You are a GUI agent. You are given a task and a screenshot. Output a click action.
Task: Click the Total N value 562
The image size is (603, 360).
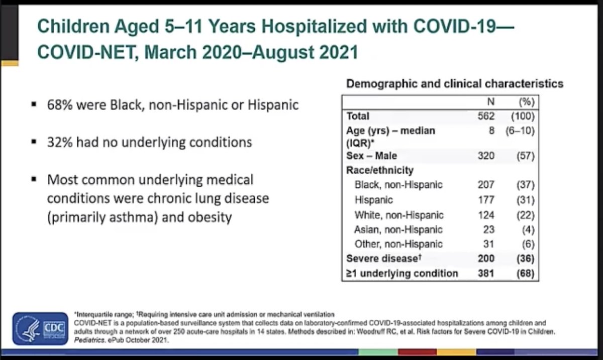coord(486,116)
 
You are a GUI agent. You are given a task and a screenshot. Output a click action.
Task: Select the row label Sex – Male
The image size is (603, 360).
coord(371,156)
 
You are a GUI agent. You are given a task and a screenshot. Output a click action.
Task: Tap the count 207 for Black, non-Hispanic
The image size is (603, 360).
coord(486,185)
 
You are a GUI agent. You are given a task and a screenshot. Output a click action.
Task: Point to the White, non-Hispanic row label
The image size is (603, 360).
coord(399,215)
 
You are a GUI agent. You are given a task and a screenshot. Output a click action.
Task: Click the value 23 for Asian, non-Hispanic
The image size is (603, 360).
coord(488,229)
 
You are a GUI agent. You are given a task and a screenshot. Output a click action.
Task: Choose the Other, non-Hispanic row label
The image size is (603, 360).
coord(398,244)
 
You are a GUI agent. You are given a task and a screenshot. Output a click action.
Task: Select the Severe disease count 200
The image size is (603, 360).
coord(486,259)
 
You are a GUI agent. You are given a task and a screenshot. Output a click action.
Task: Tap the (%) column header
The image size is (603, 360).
coord(526,102)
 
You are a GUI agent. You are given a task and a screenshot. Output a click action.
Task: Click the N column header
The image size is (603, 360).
coord(490,102)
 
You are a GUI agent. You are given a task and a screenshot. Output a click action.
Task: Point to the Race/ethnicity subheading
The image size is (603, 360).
coord(380,170)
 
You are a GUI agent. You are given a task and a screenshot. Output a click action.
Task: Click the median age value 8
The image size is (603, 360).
coord(491,131)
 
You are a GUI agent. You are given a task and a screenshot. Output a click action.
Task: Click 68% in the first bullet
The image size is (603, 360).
coord(58,105)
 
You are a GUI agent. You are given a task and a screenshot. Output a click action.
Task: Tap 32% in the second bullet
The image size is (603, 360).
coord(58,142)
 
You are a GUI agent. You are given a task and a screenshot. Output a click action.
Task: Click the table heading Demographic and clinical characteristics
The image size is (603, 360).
coord(454,84)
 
